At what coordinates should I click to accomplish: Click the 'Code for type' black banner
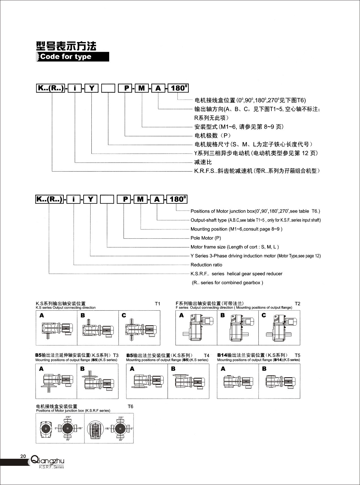(73, 57)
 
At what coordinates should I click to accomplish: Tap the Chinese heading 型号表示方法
(66, 46)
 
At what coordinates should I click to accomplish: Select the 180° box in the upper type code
(178, 88)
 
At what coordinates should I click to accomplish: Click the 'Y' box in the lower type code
(90, 199)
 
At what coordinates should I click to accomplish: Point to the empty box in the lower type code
(107, 199)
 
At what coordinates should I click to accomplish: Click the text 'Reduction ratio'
(206, 265)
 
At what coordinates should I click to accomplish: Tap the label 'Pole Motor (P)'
(206, 238)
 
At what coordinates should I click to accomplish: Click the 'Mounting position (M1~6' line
(236, 229)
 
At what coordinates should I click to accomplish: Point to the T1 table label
(157, 304)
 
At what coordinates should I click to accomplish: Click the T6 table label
(130, 407)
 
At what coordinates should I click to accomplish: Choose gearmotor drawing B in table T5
(280, 381)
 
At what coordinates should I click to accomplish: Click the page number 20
(23, 456)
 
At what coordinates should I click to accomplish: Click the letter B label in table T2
(223, 315)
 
